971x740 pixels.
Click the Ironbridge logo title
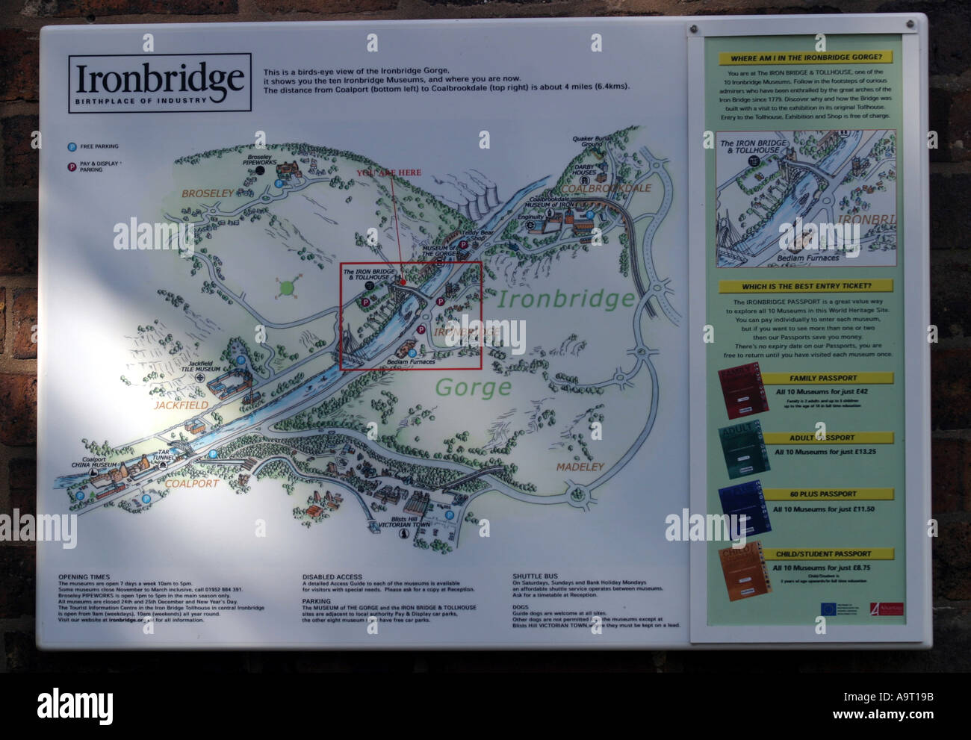click(160, 78)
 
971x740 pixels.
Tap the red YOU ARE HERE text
click(388, 172)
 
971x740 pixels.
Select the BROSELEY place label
click(208, 193)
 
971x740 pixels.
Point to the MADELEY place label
click(580, 467)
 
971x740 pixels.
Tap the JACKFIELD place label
click(181, 405)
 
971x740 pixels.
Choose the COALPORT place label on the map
click(192, 483)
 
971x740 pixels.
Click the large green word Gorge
click(473, 387)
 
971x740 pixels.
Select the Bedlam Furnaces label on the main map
click(411, 362)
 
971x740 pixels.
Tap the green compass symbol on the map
click(286, 286)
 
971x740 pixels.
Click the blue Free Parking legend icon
click(72, 147)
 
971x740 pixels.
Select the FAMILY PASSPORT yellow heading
click(823, 378)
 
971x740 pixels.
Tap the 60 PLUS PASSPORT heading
click(823, 494)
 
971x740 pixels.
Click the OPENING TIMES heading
click(84, 577)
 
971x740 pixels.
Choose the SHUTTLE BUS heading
click(535, 576)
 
